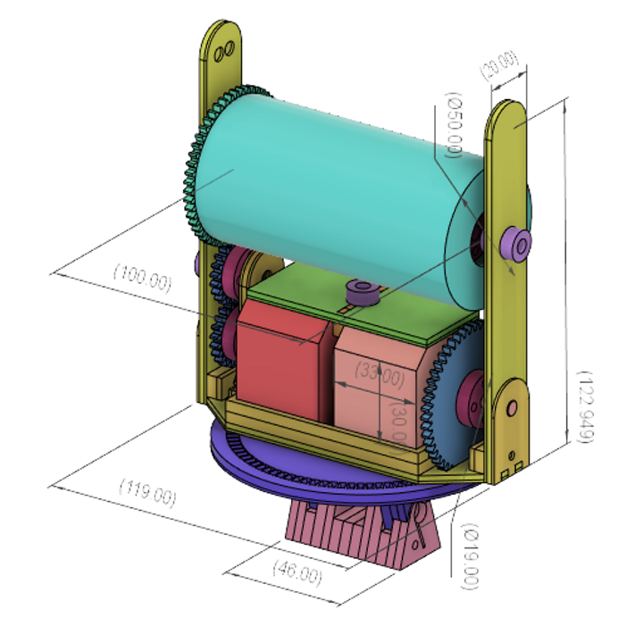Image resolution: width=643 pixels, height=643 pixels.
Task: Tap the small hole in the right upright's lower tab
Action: point(513,406)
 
